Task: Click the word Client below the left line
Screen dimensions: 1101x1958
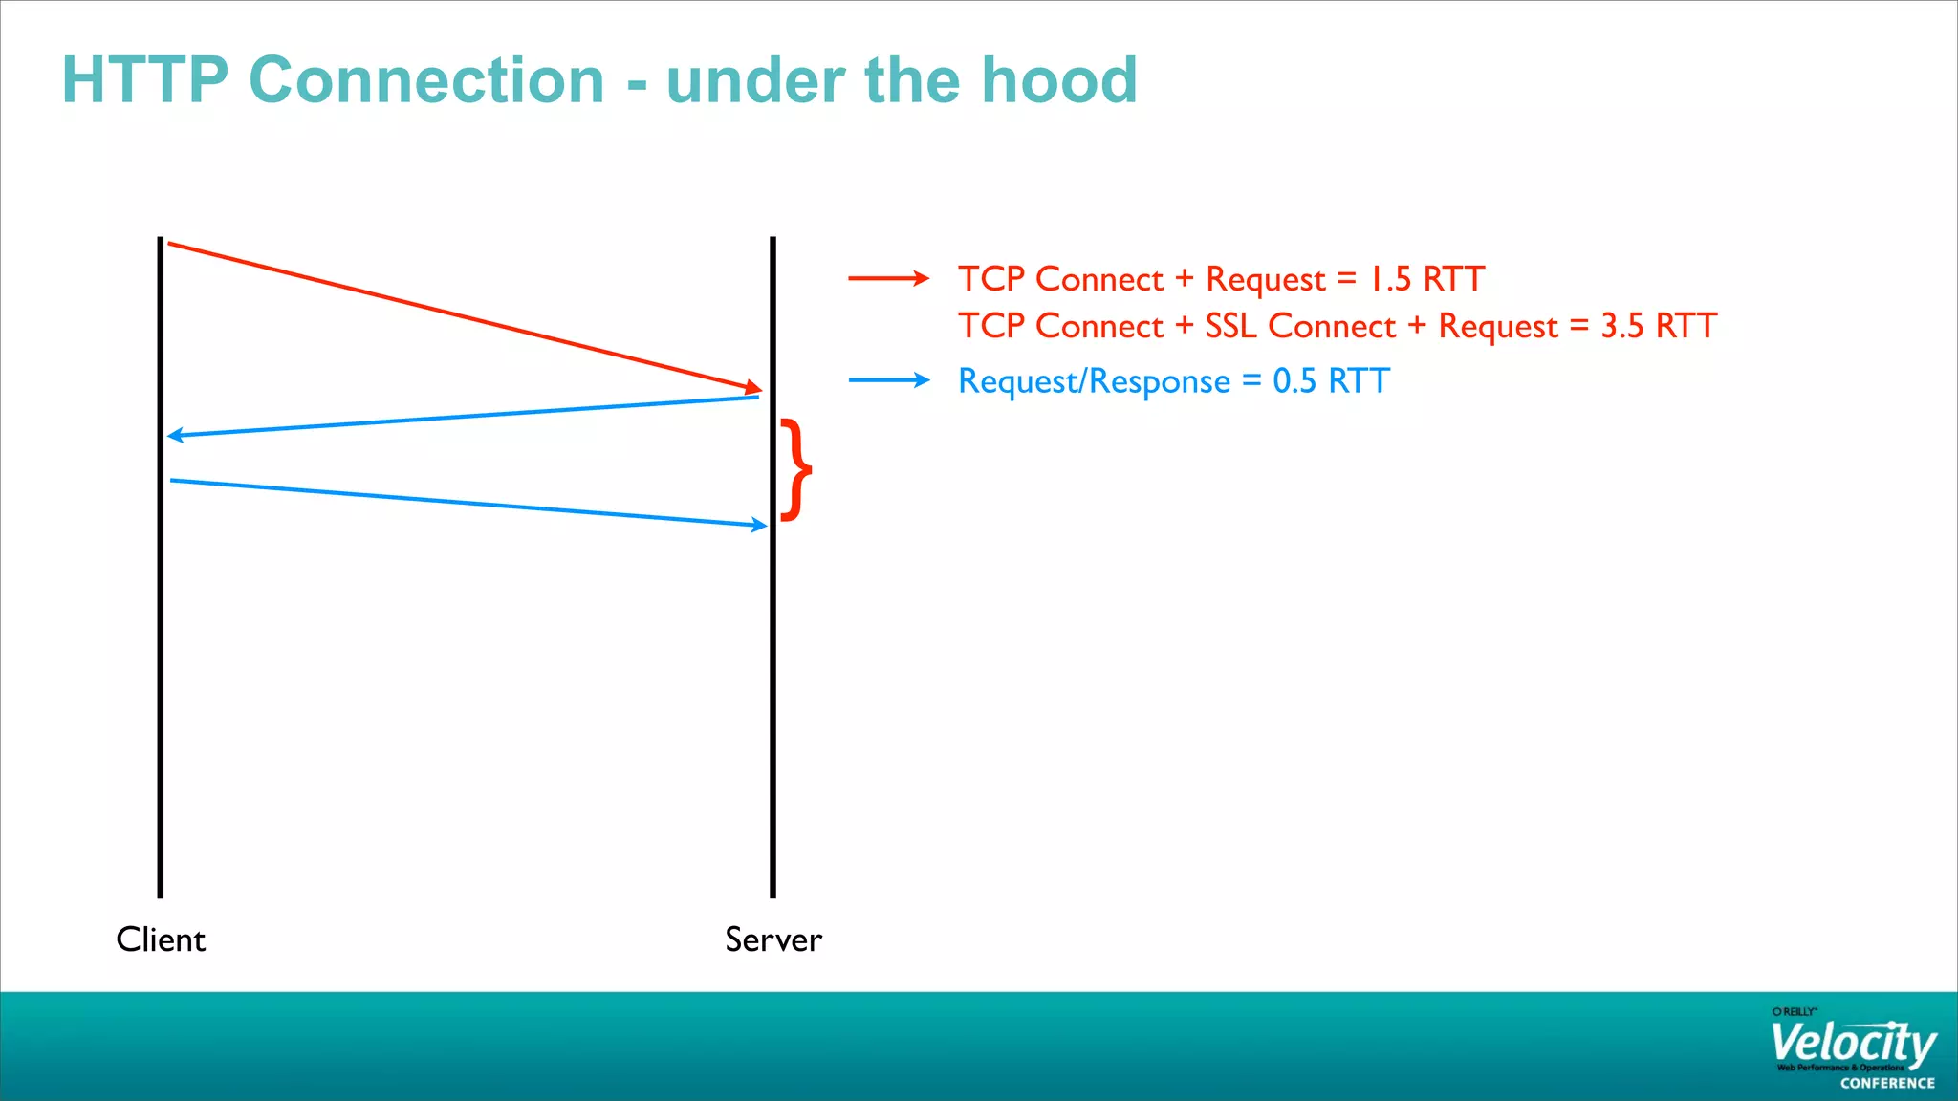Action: (x=161, y=939)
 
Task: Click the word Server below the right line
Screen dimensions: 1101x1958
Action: (x=772, y=939)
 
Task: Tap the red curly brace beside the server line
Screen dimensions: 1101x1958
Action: (x=796, y=469)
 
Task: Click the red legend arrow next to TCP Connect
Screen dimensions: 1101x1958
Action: (x=888, y=278)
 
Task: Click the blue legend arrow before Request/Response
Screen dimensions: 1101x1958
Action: (x=888, y=380)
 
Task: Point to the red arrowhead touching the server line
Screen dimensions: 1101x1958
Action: (x=754, y=387)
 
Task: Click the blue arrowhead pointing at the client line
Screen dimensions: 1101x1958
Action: (x=176, y=436)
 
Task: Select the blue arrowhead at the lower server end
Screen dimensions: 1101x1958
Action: (x=759, y=525)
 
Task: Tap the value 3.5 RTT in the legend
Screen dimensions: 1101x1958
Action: (x=1659, y=326)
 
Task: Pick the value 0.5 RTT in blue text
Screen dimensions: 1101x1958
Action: (x=1331, y=380)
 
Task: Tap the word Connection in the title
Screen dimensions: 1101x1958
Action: (x=426, y=79)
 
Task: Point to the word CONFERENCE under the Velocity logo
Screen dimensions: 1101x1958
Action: (x=1887, y=1083)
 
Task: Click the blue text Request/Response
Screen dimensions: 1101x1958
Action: (x=1094, y=380)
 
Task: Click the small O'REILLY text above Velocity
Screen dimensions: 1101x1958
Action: (x=1794, y=1011)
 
